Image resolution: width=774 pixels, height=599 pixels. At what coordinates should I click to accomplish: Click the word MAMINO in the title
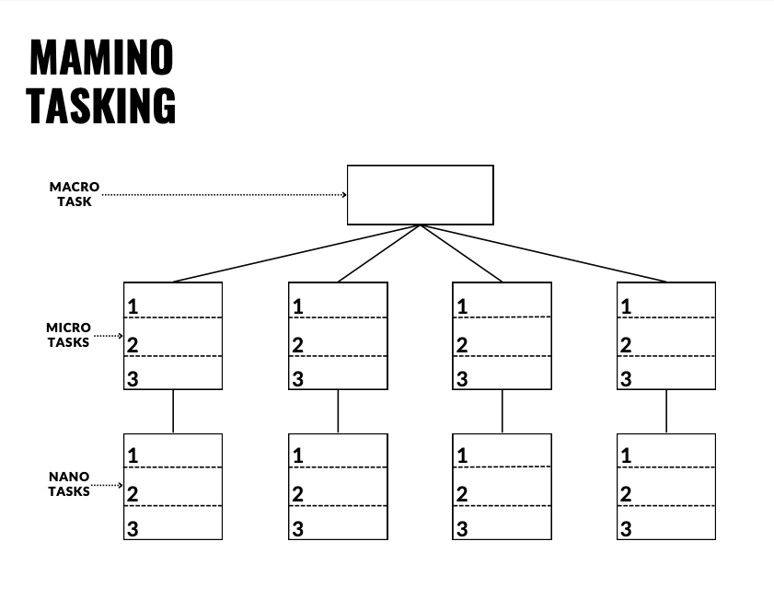coord(101,58)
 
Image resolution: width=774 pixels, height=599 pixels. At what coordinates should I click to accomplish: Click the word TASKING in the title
coord(101,105)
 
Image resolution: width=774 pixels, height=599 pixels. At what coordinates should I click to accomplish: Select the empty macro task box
coord(420,194)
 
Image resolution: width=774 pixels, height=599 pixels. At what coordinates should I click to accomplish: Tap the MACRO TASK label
coord(75,194)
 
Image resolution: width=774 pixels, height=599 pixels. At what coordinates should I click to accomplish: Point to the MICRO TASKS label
coord(69,335)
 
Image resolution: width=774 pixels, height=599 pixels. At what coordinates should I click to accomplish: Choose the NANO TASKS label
coord(69,484)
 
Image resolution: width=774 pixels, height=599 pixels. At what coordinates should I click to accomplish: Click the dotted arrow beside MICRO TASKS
coord(109,336)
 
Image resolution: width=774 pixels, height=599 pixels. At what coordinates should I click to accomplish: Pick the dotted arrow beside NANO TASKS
coord(109,485)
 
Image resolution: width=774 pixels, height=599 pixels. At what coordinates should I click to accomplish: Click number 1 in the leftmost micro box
coord(133,306)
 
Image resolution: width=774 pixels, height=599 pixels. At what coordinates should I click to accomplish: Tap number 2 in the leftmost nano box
coord(133,494)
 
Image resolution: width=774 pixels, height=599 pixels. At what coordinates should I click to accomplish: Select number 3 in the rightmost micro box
coord(627,378)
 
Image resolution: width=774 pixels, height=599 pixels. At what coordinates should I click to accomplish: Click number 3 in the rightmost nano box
coord(627,529)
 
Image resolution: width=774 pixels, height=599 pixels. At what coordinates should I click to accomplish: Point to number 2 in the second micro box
coord(298,345)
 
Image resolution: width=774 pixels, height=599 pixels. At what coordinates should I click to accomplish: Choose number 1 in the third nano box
coord(462,455)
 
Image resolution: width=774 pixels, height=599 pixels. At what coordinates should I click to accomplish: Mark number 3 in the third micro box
coord(462,378)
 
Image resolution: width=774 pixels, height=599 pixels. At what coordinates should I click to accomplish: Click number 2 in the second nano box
coord(298,494)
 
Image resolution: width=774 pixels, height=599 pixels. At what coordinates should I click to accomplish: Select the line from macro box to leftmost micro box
coord(295,253)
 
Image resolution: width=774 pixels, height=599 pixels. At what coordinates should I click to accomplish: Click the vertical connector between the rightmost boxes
coord(666,410)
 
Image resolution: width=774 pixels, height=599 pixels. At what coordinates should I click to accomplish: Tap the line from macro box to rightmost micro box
coord(543,253)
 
